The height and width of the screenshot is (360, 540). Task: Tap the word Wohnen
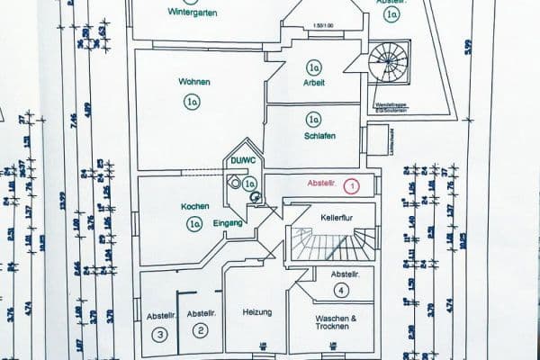point(194,83)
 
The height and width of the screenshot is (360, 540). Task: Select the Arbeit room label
point(314,84)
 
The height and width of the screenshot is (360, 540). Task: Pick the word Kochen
point(194,206)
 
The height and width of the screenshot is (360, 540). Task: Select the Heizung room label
point(257,312)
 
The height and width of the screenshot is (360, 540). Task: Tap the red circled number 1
point(352,185)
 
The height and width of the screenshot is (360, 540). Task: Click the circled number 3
point(160,335)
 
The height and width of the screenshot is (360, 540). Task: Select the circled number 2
point(201,331)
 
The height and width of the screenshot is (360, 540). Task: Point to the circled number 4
point(341,290)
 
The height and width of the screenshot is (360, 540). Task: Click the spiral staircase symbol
point(389,61)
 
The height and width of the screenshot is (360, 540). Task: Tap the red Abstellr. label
point(322,184)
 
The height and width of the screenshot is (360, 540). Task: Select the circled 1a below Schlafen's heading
point(313,118)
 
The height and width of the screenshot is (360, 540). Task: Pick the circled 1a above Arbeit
point(314,67)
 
